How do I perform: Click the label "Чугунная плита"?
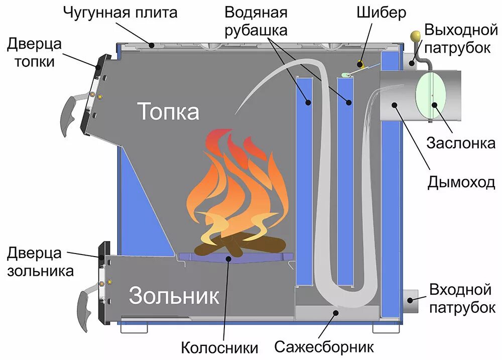pos(120,13)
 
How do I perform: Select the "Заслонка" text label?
pos(461,143)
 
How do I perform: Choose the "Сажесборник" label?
pos(324,346)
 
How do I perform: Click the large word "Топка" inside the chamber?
pos(169,111)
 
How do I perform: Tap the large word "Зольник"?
pos(174,296)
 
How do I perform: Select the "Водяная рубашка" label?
pos(256,21)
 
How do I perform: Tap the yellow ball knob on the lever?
pos(415,36)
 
